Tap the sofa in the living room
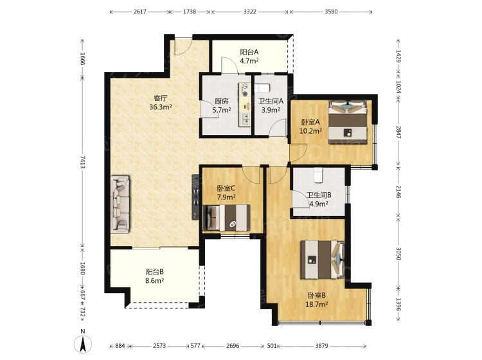(x=120, y=204)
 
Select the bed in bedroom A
(x=348, y=122)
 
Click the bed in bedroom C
(x=227, y=218)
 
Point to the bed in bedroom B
(x=322, y=260)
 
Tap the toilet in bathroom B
(x=318, y=175)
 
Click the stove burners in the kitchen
(x=245, y=89)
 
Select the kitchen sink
(x=245, y=119)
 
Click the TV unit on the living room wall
(x=196, y=197)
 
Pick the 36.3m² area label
(x=161, y=107)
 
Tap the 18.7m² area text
(x=316, y=304)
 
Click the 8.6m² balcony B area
(x=154, y=280)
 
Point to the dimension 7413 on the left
(x=82, y=162)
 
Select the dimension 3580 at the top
(x=331, y=12)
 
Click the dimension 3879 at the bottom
(x=321, y=346)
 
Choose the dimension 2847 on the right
(x=398, y=132)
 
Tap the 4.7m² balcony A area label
(x=249, y=60)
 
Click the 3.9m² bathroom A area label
(x=271, y=110)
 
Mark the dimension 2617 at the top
(x=140, y=12)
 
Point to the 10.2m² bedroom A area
(x=310, y=130)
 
